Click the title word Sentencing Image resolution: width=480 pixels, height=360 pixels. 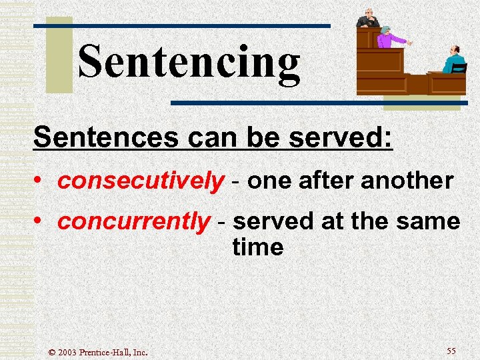point(189,62)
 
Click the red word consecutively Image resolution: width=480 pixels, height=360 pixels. point(141,181)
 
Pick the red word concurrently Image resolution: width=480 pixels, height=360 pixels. point(133,221)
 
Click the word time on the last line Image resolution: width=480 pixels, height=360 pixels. point(258,247)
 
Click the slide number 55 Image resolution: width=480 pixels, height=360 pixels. point(451,351)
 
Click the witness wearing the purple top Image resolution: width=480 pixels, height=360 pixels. point(385,39)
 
